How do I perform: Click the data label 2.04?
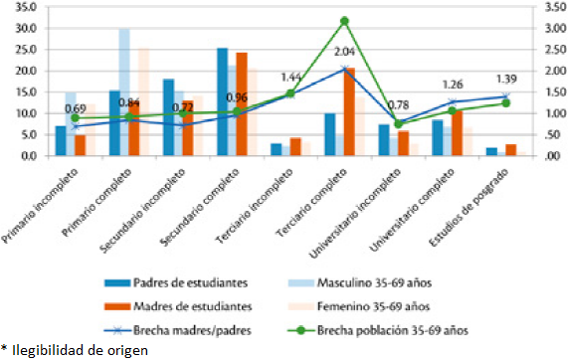[x=345, y=52]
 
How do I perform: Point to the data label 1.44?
[x=290, y=77]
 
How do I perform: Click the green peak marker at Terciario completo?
[x=344, y=21]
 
